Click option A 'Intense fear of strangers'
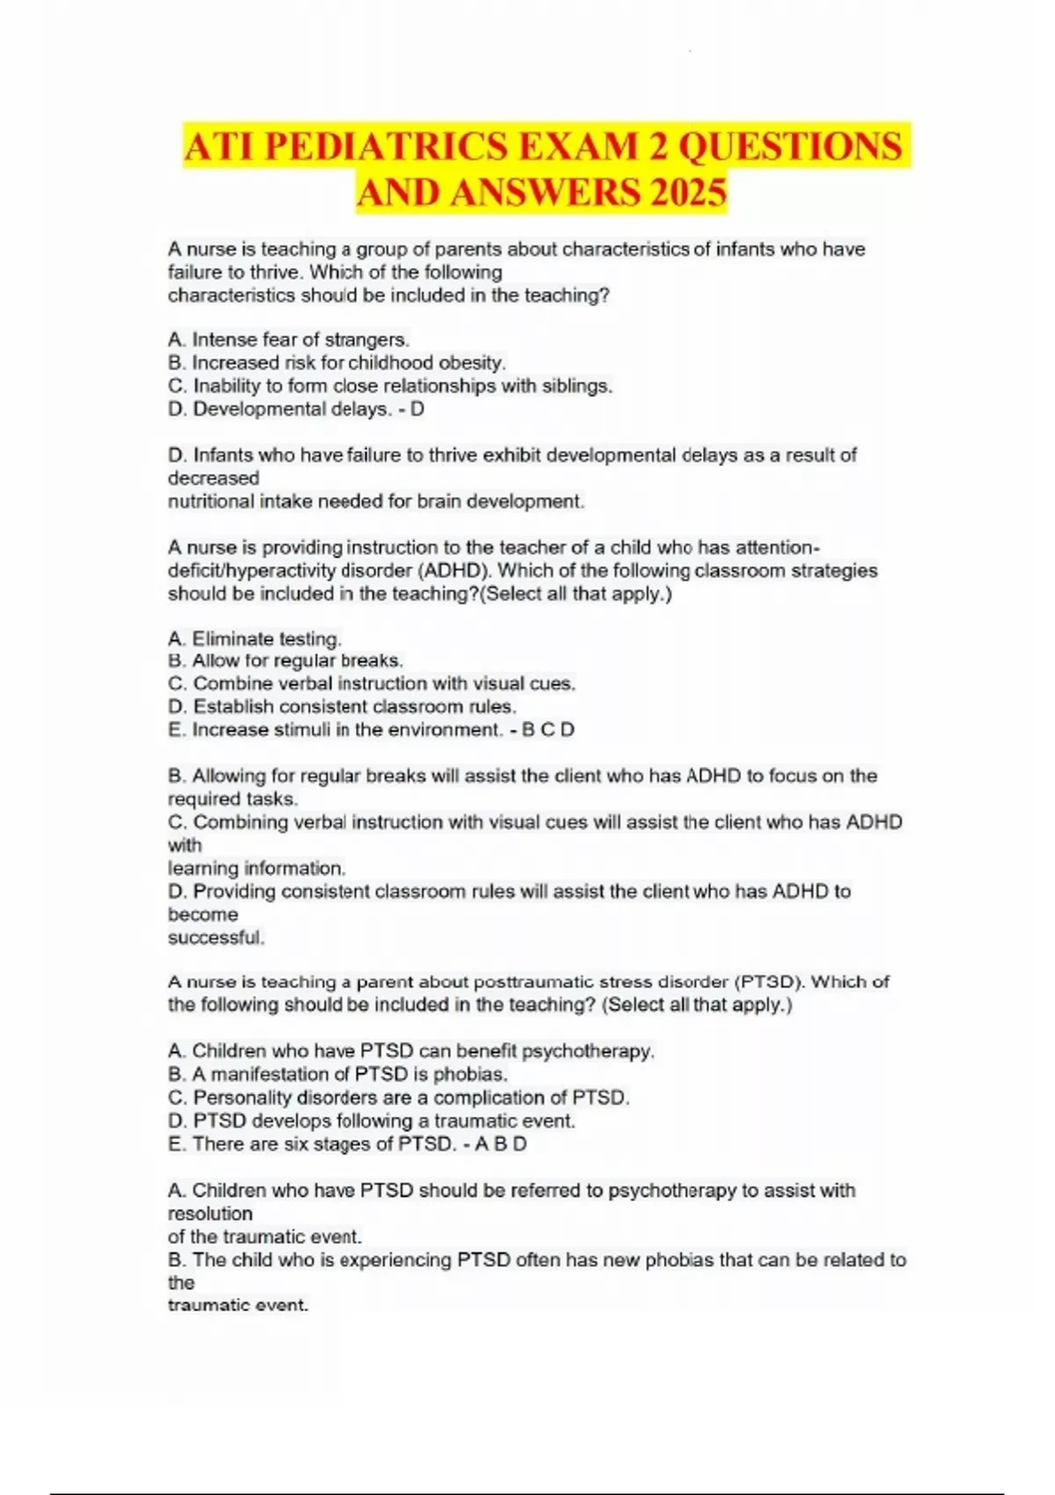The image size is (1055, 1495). click(x=288, y=339)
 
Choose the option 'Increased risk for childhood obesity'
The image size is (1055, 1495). click(x=337, y=362)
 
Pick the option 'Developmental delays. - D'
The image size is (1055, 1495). click(x=295, y=409)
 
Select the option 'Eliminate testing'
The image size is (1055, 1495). click(x=254, y=639)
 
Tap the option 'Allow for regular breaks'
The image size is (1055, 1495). click(x=285, y=660)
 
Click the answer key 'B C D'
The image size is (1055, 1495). click(x=548, y=730)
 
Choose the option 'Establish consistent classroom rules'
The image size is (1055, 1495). click(x=342, y=707)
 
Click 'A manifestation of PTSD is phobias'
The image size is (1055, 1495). click(x=338, y=1075)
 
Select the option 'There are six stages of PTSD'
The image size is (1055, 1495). click(x=312, y=1144)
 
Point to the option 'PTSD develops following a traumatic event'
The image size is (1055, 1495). click(x=371, y=1121)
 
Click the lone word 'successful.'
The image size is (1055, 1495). click(x=216, y=937)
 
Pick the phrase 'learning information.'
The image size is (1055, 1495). click(x=257, y=868)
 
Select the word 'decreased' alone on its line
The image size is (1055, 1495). click(x=214, y=478)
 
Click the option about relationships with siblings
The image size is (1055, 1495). click(x=389, y=386)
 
